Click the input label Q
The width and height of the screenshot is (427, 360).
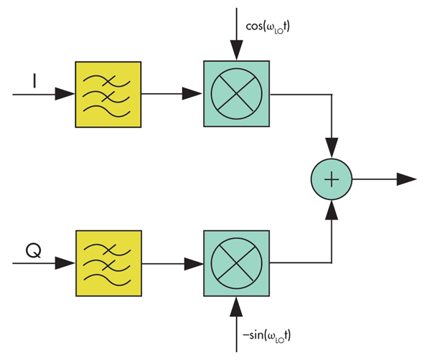(x=33, y=250)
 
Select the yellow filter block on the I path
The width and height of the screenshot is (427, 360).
(x=108, y=94)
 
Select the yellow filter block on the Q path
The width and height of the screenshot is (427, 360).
(x=108, y=263)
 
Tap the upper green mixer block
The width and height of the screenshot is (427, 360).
(x=236, y=94)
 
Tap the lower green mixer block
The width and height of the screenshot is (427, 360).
(x=236, y=263)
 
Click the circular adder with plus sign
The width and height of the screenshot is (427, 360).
(x=331, y=179)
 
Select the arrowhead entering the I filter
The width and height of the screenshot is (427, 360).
(x=65, y=94)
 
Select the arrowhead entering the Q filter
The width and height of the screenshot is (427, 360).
(x=65, y=263)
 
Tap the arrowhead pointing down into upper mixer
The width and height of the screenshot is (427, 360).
(x=236, y=52)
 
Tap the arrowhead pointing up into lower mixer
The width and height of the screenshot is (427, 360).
(x=236, y=306)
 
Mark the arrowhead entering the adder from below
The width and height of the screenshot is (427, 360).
(x=331, y=210)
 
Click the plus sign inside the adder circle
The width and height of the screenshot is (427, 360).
(x=331, y=179)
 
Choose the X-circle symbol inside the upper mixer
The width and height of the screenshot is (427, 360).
(x=236, y=94)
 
